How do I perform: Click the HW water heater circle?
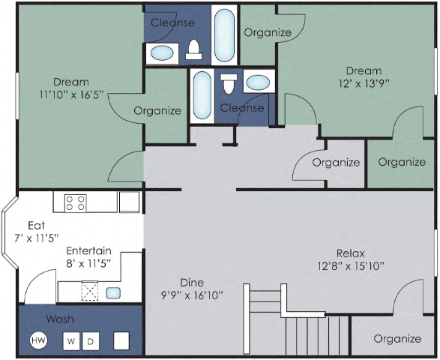click(37, 341)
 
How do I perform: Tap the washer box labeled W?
click(71, 341)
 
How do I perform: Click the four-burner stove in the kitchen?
click(76, 202)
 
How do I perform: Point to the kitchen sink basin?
click(114, 292)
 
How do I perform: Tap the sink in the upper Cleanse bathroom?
click(162, 53)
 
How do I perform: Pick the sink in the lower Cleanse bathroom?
click(259, 82)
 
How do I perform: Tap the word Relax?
click(351, 252)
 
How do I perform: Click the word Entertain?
click(88, 250)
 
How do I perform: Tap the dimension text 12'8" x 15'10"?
click(351, 265)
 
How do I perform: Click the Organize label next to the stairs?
click(397, 339)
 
